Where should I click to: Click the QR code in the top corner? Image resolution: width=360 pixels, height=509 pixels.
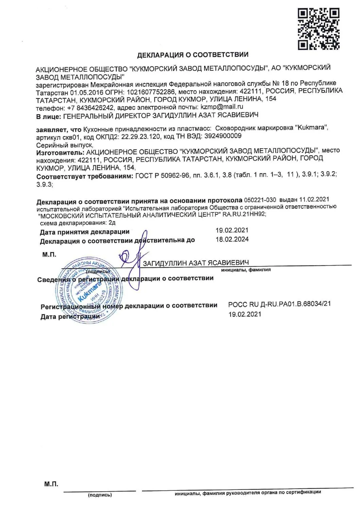pos(318,29)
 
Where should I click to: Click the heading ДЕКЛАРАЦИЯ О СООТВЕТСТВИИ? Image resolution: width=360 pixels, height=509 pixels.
pos(193,55)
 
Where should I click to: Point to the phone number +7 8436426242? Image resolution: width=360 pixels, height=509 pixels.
pos(90,108)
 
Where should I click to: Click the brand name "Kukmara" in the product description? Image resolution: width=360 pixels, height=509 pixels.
pos(312,128)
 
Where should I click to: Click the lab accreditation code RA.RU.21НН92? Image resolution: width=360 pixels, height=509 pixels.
pos(244,214)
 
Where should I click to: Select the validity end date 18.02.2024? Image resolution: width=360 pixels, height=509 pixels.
pos(232,239)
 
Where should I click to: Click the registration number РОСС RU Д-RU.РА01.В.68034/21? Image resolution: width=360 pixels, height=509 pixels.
pos(279,304)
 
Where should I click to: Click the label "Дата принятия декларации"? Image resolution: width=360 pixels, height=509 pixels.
pos(85,232)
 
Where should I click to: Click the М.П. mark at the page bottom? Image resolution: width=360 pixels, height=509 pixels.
pos(51,484)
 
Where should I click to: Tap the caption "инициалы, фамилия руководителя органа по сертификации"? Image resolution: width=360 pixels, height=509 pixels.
pos(248,492)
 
